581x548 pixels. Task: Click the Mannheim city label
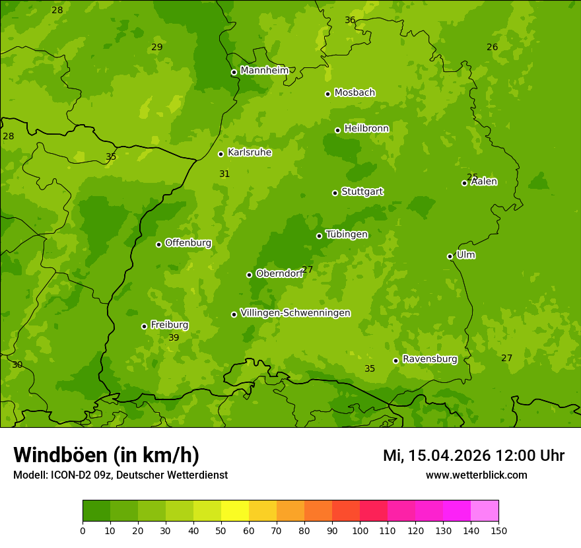pos(264,71)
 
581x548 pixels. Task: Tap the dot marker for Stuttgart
pos(335,193)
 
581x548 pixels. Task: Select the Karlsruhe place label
pos(250,153)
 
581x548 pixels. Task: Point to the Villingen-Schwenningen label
pos(295,313)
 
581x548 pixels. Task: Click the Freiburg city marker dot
pos(144,326)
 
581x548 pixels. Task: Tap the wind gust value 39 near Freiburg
pos(174,338)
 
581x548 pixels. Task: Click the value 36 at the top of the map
pos(350,20)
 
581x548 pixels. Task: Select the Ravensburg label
pos(430,359)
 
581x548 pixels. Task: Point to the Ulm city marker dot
pos(450,256)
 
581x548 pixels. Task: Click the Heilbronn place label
pos(366,129)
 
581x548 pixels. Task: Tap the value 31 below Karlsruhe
pos(224,174)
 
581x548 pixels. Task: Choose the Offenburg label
pos(188,243)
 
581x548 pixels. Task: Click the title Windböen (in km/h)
pos(106,455)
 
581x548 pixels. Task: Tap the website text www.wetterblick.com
pos(476,475)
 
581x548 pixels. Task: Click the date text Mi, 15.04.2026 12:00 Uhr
pos(473,456)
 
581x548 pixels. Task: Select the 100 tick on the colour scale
pos(360,530)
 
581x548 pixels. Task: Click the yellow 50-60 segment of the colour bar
pos(235,511)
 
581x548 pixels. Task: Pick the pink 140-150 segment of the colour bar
pos(485,511)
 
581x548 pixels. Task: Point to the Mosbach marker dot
pos(327,94)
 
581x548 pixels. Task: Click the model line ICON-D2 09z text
pos(120,475)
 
